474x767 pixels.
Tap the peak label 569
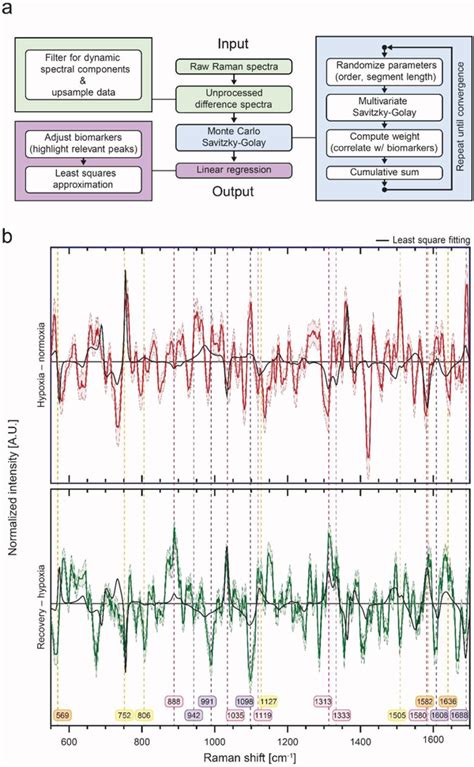click(x=63, y=715)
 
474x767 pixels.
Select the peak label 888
click(x=175, y=702)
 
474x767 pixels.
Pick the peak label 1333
click(x=341, y=715)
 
